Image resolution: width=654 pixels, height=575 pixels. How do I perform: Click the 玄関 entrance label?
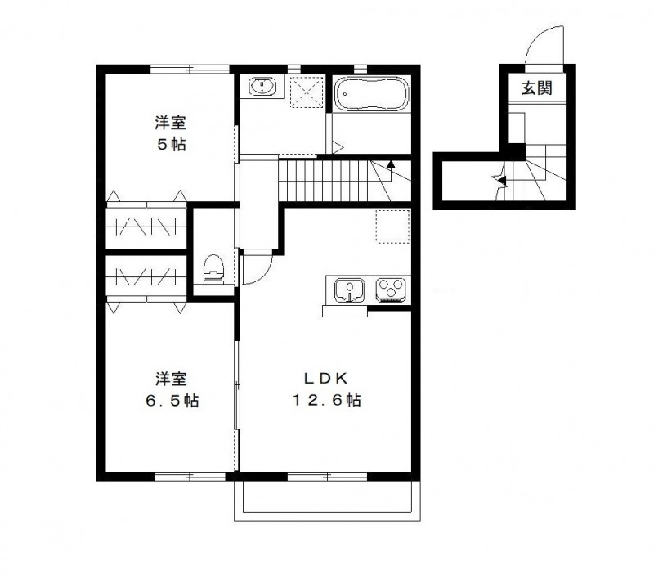[x=538, y=88]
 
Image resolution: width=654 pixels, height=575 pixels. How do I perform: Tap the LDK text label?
[x=327, y=378]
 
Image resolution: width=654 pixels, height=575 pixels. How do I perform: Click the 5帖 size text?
[x=171, y=146]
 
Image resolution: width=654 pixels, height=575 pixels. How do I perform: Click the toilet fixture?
[x=213, y=267]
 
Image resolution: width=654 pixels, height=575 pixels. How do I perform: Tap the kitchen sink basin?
[x=350, y=290]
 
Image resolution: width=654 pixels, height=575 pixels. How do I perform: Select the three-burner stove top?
[x=391, y=290]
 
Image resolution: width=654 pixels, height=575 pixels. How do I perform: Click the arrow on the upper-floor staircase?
[x=392, y=164]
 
